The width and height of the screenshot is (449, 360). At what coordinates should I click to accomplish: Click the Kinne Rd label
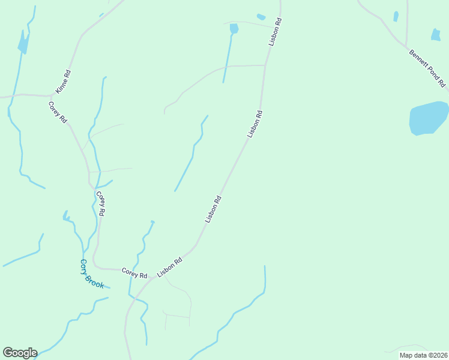pos(63,82)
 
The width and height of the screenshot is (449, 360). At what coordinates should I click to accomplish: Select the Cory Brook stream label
pos(92,274)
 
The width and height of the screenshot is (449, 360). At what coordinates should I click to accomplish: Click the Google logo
pos(20,353)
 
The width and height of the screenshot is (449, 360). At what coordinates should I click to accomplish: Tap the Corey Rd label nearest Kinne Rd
pos(58,112)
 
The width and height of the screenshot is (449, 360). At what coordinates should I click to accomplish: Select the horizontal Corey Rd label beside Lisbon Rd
pos(134,272)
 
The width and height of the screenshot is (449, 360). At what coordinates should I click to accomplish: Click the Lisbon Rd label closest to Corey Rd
pos(169,268)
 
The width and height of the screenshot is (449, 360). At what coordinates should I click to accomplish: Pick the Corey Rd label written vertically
pos(101,204)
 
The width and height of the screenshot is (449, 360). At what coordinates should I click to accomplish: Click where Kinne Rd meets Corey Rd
pos(52,95)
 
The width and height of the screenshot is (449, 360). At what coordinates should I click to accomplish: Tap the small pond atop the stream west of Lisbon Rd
pos(234,28)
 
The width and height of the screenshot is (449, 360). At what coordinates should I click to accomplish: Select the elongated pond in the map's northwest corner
pos(24,42)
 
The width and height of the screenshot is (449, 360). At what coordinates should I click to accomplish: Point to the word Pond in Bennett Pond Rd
pos(430,70)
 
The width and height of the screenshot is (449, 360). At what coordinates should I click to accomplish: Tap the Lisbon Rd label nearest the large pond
pos(255,124)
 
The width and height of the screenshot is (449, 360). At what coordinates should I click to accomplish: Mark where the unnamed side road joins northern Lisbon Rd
pos(265,65)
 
